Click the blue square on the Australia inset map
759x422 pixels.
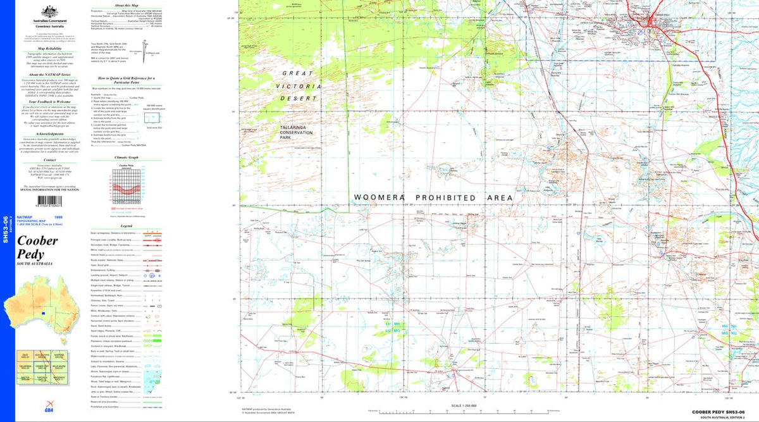point(43,313)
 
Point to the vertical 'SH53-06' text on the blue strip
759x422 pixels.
point(5,228)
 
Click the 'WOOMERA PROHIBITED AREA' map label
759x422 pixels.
point(433,198)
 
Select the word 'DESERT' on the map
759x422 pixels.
point(301,99)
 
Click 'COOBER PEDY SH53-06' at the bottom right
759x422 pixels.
point(723,413)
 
